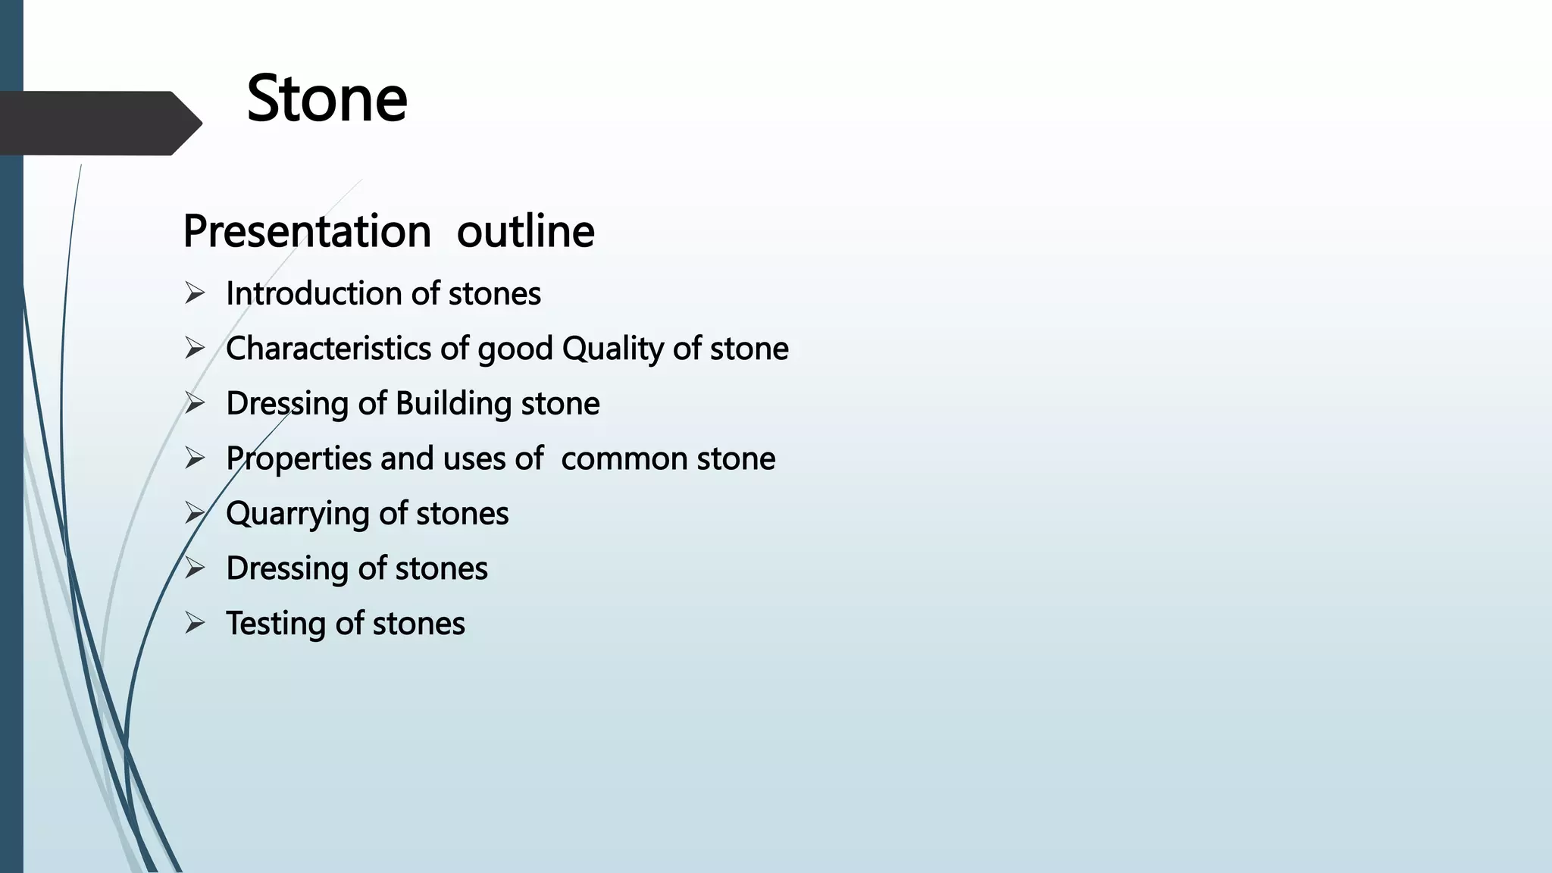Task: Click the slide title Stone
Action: [327, 99]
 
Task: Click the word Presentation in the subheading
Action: [307, 231]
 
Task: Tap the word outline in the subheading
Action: [525, 231]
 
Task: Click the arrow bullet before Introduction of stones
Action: [195, 293]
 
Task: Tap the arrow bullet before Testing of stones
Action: [195, 624]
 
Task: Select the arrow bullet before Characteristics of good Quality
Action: [195, 349]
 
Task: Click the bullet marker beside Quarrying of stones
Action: [195, 514]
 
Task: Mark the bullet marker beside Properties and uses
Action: [195, 458]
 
